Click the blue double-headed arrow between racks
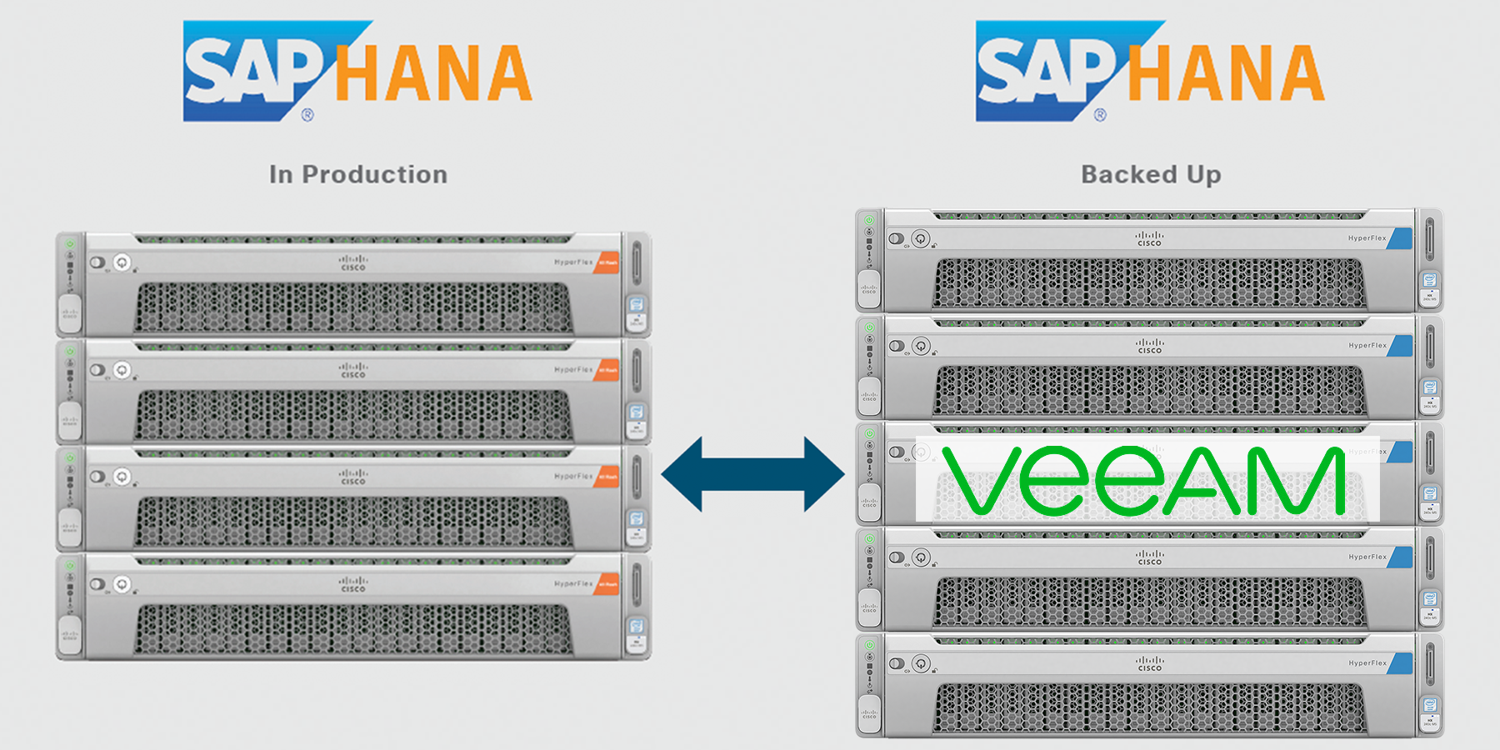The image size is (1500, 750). [x=752, y=474]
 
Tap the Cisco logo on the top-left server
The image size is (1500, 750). [x=353, y=263]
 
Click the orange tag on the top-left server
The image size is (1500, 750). [x=607, y=262]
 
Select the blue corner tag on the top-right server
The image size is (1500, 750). [x=1402, y=238]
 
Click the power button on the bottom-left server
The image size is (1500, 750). [x=122, y=584]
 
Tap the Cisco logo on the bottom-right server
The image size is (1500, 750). [x=1149, y=664]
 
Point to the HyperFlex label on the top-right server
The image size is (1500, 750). [x=1367, y=238]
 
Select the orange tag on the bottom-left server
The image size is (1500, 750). [x=607, y=584]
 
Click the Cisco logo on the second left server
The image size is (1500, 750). [x=353, y=371]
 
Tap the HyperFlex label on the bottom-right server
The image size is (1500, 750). [x=1367, y=663]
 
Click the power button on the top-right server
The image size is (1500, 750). [x=921, y=239]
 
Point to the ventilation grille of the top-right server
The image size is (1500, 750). [x=1149, y=283]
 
